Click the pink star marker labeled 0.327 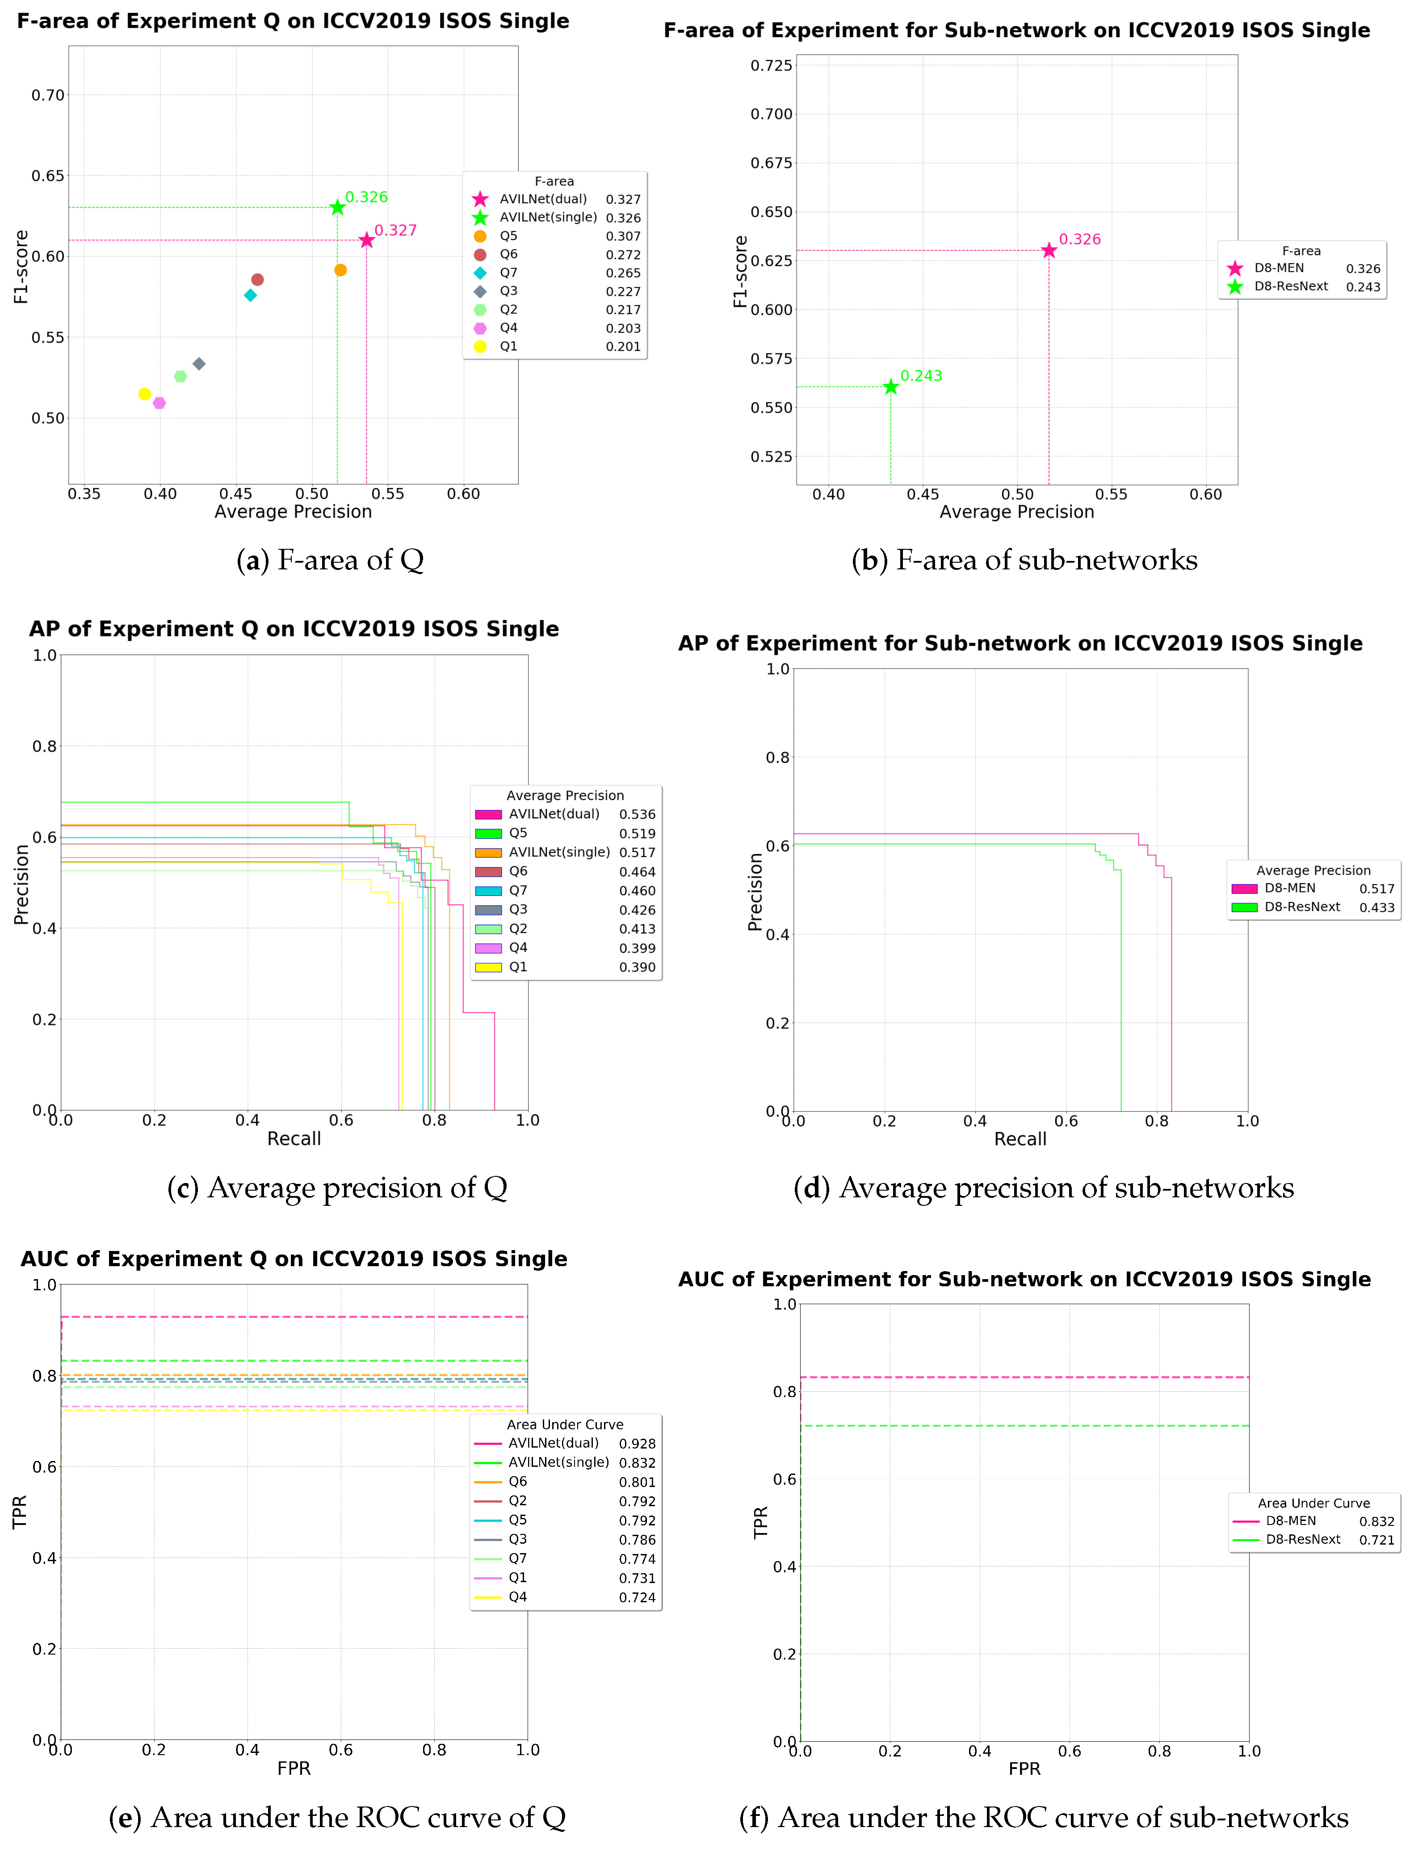(366, 241)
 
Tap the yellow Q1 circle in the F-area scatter (145, 394)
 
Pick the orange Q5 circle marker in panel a (340, 270)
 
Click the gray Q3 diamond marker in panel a (199, 364)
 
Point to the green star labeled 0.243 (890, 387)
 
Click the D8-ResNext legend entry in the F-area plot (1290, 286)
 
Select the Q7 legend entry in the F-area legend (508, 273)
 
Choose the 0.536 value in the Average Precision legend (637, 814)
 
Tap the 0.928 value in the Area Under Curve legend (637, 1443)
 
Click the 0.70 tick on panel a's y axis (48, 95)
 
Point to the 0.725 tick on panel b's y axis (771, 66)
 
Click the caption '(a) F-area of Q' (330, 560)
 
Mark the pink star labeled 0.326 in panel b (1049, 250)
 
